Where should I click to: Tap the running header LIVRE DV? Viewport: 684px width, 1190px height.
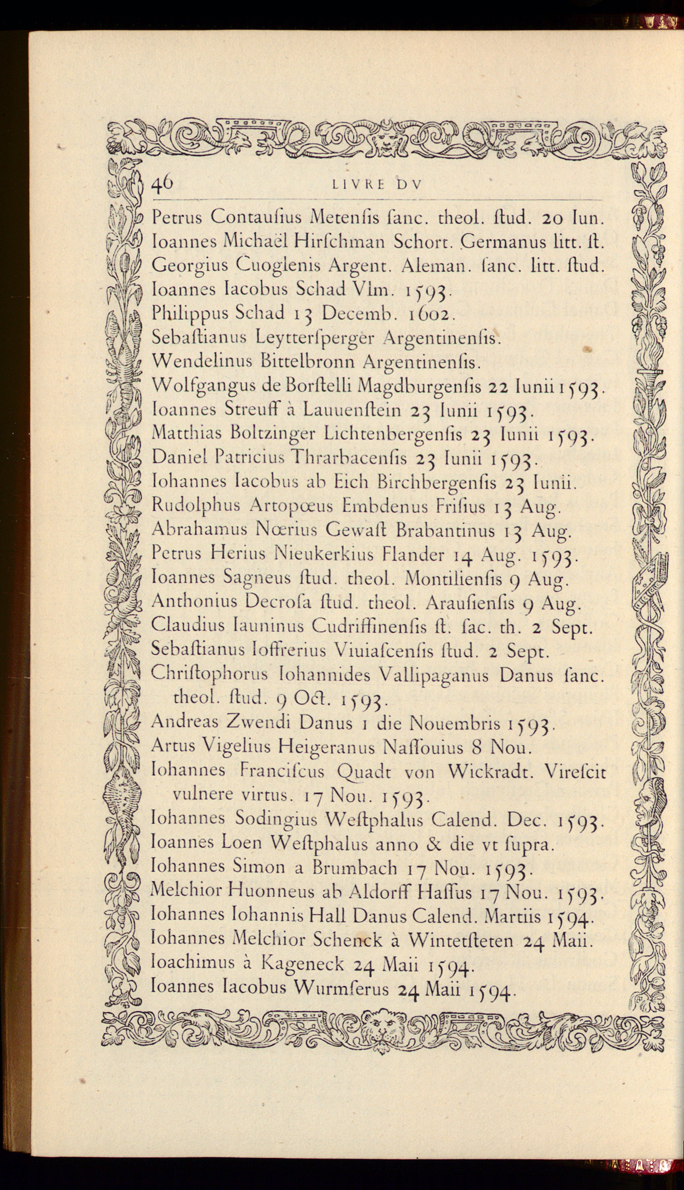click(377, 185)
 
